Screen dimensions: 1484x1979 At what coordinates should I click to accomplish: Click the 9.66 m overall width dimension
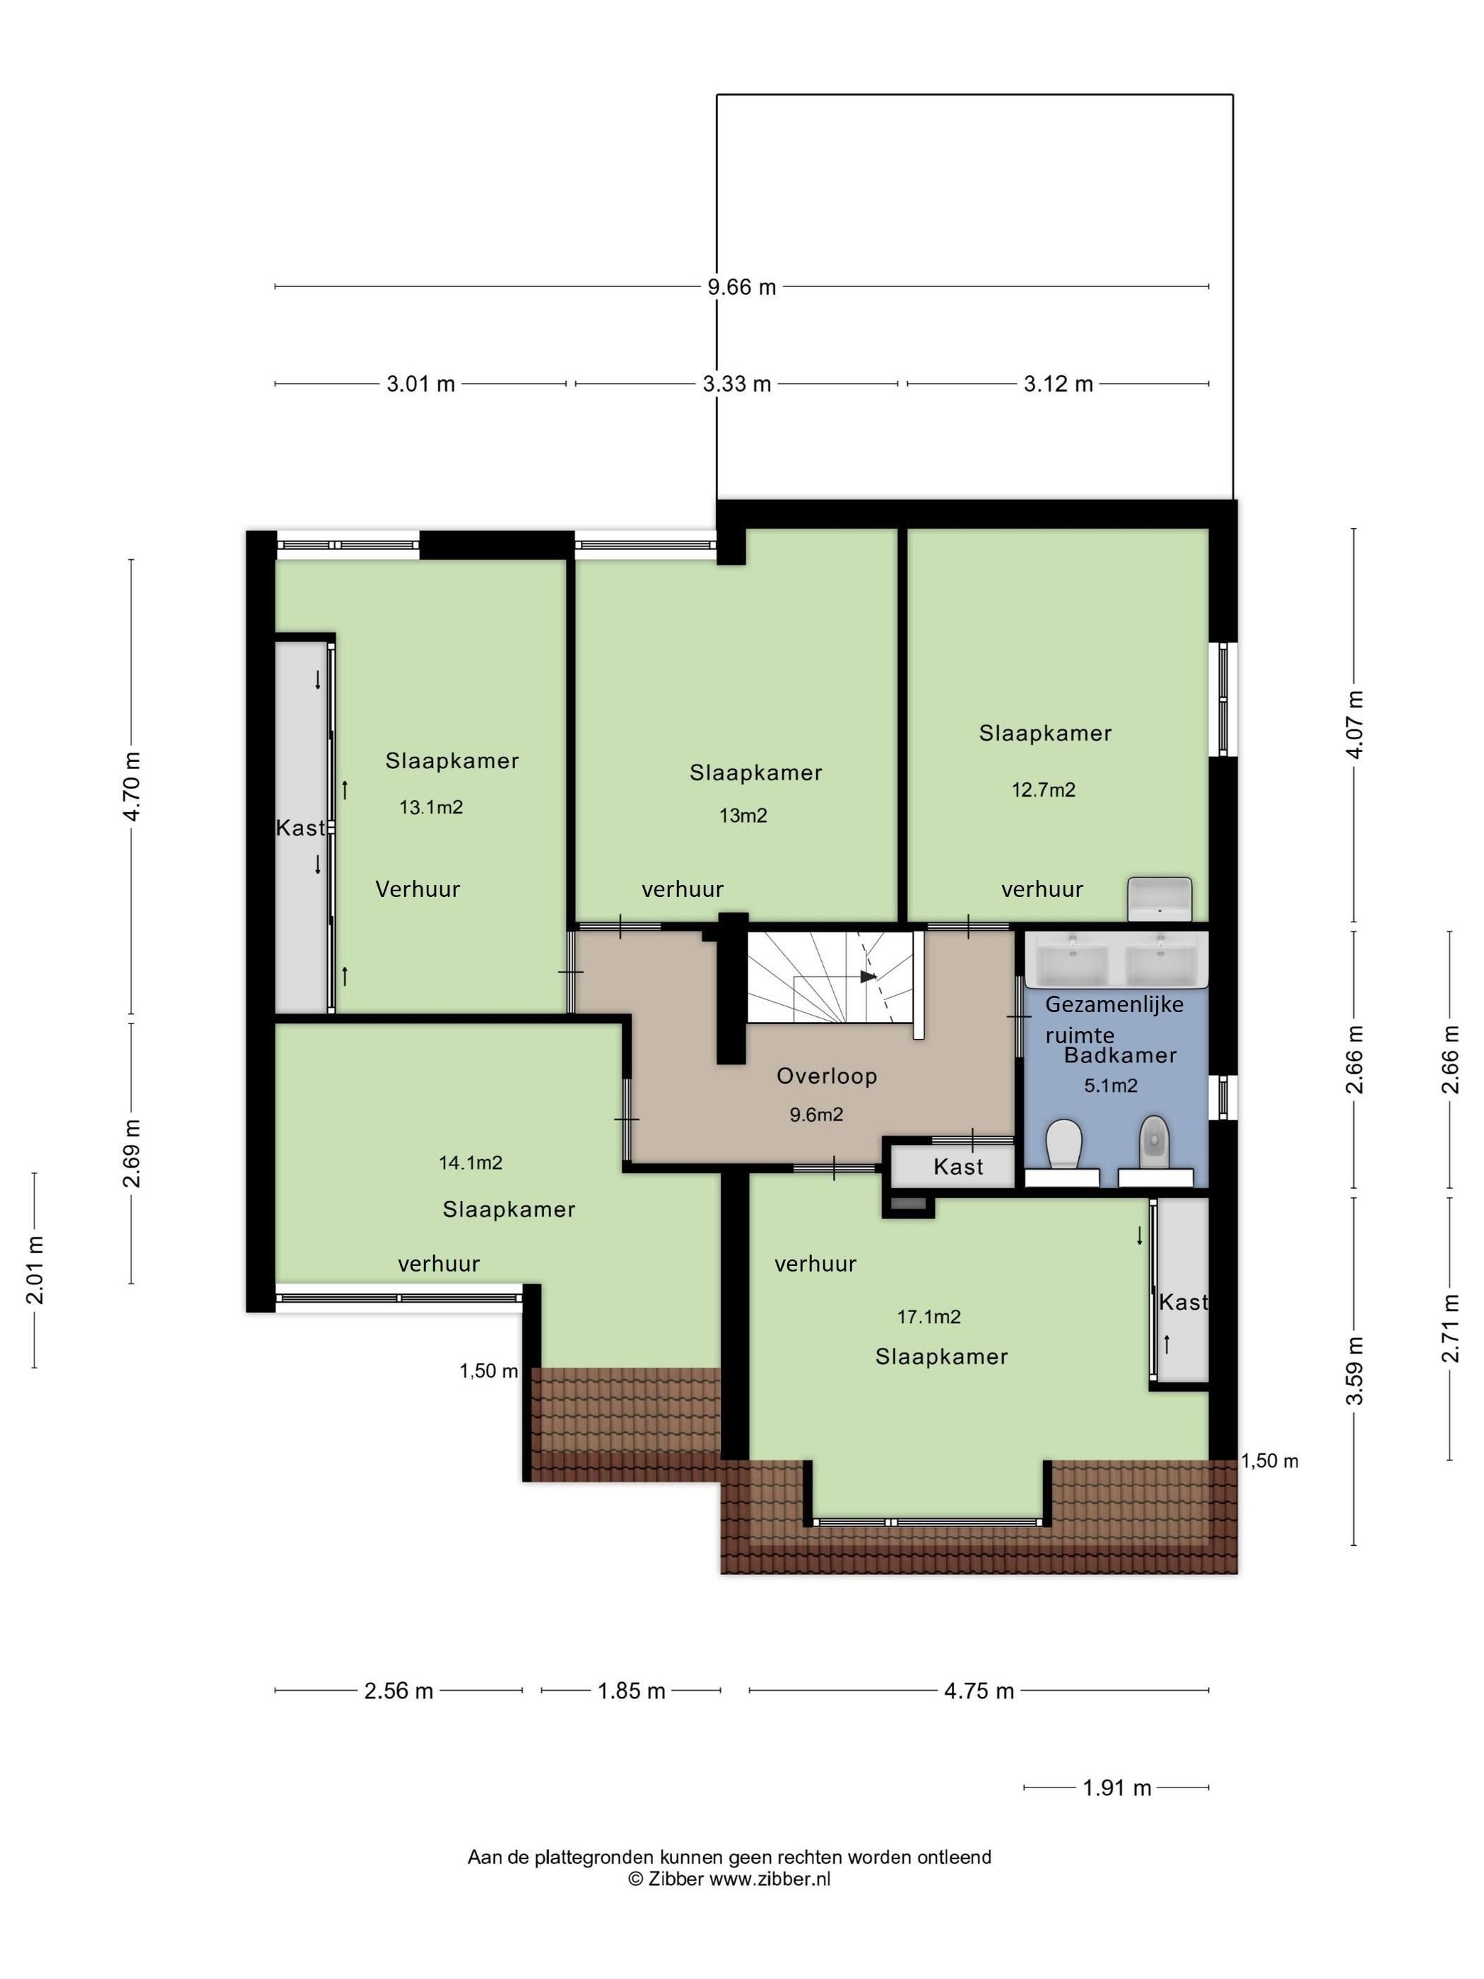pyautogui.click(x=741, y=287)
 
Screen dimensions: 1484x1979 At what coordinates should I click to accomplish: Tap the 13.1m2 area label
pyautogui.click(x=430, y=807)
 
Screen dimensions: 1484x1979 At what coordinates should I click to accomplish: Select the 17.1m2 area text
pyautogui.click(x=929, y=1316)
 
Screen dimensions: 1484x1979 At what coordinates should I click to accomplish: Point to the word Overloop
pyautogui.click(x=827, y=1076)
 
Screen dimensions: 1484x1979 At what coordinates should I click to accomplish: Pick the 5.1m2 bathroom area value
pyautogui.click(x=1110, y=1086)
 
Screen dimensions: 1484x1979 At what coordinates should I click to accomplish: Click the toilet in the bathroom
pyautogui.click(x=1064, y=1146)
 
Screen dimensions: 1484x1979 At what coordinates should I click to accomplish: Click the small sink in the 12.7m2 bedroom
pyautogui.click(x=1160, y=898)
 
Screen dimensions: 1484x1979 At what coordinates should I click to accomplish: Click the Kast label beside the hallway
pyautogui.click(x=958, y=1167)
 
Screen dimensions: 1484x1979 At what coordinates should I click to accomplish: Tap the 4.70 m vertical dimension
pyautogui.click(x=132, y=787)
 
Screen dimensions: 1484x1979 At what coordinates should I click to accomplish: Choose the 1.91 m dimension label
pyautogui.click(x=1117, y=1787)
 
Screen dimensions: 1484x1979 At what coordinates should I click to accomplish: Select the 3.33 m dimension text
pyautogui.click(x=736, y=384)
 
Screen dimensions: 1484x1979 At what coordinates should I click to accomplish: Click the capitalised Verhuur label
pyautogui.click(x=418, y=889)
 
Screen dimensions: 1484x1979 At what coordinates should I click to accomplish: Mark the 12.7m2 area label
pyautogui.click(x=1043, y=790)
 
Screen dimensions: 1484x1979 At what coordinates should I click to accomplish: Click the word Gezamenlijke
pyautogui.click(x=1114, y=1005)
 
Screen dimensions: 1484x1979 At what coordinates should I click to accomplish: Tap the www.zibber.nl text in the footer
pyautogui.click(x=770, y=1879)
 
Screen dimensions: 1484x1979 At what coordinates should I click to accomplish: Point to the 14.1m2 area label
pyautogui.click(x=471, y=1163)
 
